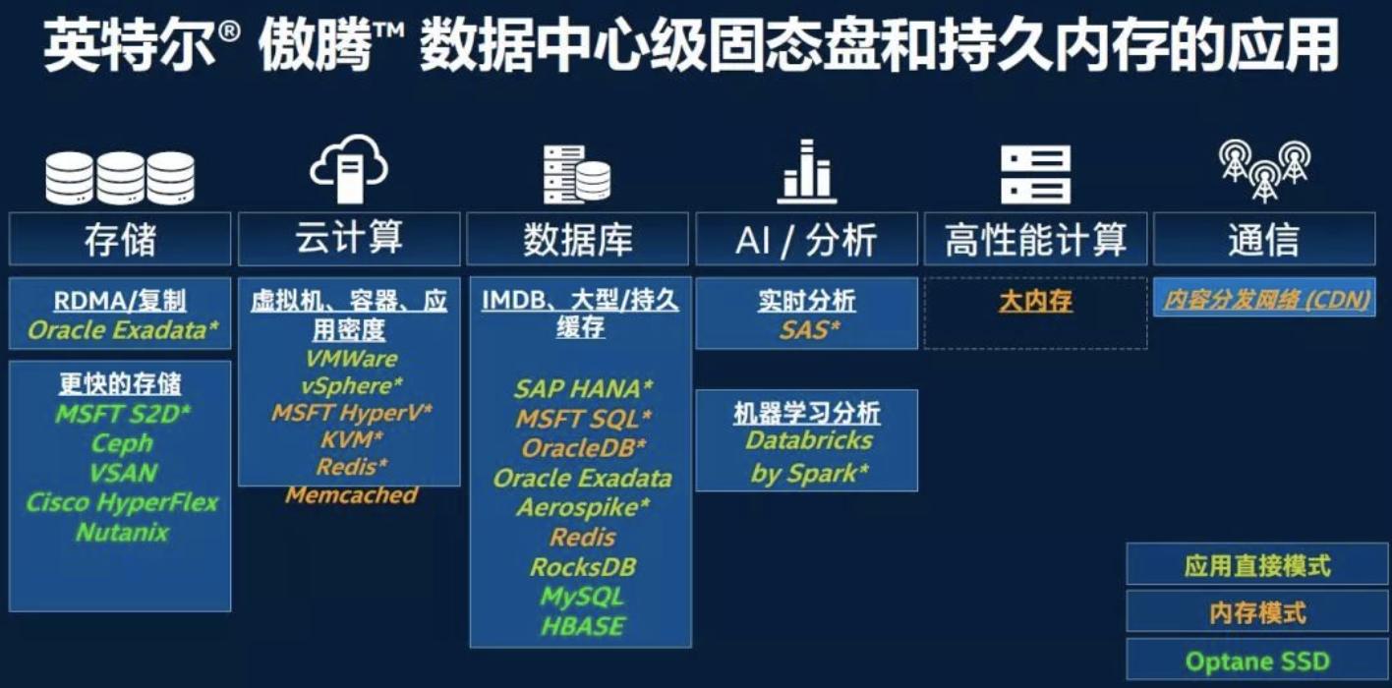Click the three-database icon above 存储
pyautogui.click(x=120, y=178)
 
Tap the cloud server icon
pyautogui.click(x=349, y=168)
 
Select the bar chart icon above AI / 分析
pyautogui.click(x=807, y=172)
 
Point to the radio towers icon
pyautogui.click(x=1264, y=170)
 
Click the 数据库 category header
pyautogui.click(x=578, y=239)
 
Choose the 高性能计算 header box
pyautogui.click(x=1035, y=239)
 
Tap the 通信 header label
pyautogui.click(x=1264, y=239)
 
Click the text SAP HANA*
pyautogui.click(x=583, y=389)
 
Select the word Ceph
pyautogui.click(x=122, y=443)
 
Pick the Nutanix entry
pyautogui.click(x=122, y=532)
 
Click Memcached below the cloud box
pyautogui.click(x=352, y=494)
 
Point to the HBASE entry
pyautogui.click(x=582, y=626)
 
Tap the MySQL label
pyautogui.click(x=582, y=597)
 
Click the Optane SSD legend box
pyautogui.click(x=1257, y=660)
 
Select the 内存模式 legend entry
pyautogui.click(x=1257, y=612)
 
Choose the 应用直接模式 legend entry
pyautogui.click(x=1257, y=565)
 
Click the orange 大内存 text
pyautogui.click(x=1035, y=302)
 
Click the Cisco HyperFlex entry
pyautogui.click(x=122, y=502)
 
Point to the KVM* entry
pyautogui.click(x=352, y=439)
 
